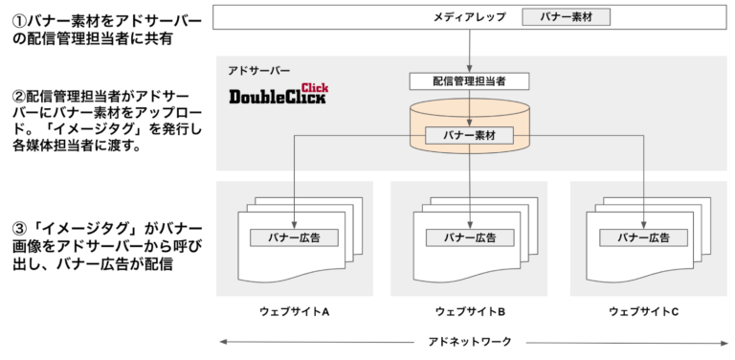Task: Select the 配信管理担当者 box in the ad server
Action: coord(470,82)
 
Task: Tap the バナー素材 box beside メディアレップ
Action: coord(566,16)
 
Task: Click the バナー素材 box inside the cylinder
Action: coord(470,136)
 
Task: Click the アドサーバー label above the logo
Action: coord(257,71)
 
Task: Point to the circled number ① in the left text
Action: coord(16,19)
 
